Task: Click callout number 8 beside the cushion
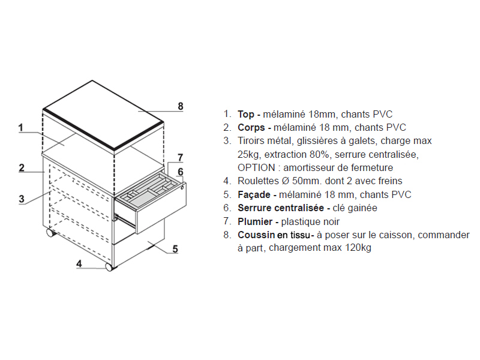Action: pos(181,106)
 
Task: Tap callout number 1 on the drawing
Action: pos(21,127)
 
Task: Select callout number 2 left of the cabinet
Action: pos(22,168)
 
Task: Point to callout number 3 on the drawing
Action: pos(22,199)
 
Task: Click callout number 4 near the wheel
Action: pos(79,263)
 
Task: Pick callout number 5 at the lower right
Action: pos(175,249)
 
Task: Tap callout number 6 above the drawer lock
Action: pos(181,172)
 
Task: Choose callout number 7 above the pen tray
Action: pos(181,158)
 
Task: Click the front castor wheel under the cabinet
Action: pos(109,267)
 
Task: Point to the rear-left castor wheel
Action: pos(50,232)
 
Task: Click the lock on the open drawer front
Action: pos(183,187)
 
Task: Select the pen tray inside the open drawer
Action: pos(149,188)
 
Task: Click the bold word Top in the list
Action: pos(246,114)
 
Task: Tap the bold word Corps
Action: pos(251,128)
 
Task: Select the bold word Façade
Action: pos(254,194)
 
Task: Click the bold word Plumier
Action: pos(255,221)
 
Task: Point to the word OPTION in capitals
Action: pos(257,168)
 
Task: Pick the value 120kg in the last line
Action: pos(358,248)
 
